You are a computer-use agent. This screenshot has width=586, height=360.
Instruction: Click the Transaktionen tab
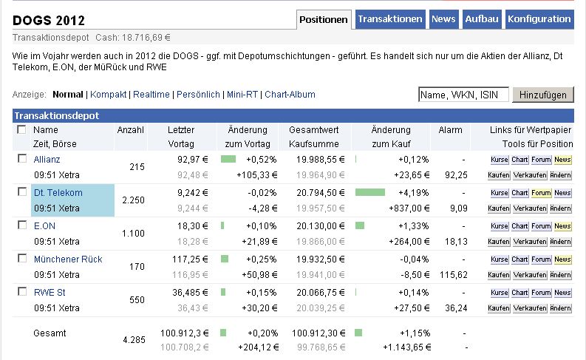tap(390, 19)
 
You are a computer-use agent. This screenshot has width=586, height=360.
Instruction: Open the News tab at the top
tap(443, 19)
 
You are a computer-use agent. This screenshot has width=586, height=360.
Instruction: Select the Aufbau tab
tap(481, 19)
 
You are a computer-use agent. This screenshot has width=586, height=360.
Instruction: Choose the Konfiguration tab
tap(539, 19)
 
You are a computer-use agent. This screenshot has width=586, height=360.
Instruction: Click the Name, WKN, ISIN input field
tap(463, 95)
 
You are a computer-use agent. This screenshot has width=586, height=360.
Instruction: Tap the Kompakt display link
tap(109, 95)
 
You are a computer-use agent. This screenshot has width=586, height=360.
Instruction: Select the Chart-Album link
tap(290, 95)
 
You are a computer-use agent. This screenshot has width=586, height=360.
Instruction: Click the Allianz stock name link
tap(47, 159)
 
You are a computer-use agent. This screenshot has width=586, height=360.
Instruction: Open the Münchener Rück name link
tap(68, 259)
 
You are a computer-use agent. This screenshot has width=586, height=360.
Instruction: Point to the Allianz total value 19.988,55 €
tap(321, 159)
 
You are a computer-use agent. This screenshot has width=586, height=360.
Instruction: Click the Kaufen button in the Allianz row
tap(499, 176)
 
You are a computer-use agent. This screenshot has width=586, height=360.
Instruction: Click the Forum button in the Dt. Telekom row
tap(541, 193)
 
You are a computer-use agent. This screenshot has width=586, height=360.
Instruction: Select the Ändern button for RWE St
tap(562, 309)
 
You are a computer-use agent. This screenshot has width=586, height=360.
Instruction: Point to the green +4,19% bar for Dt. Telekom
tap(370, 192)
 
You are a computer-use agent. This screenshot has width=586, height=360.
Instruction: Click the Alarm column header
tap(450, 130)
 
